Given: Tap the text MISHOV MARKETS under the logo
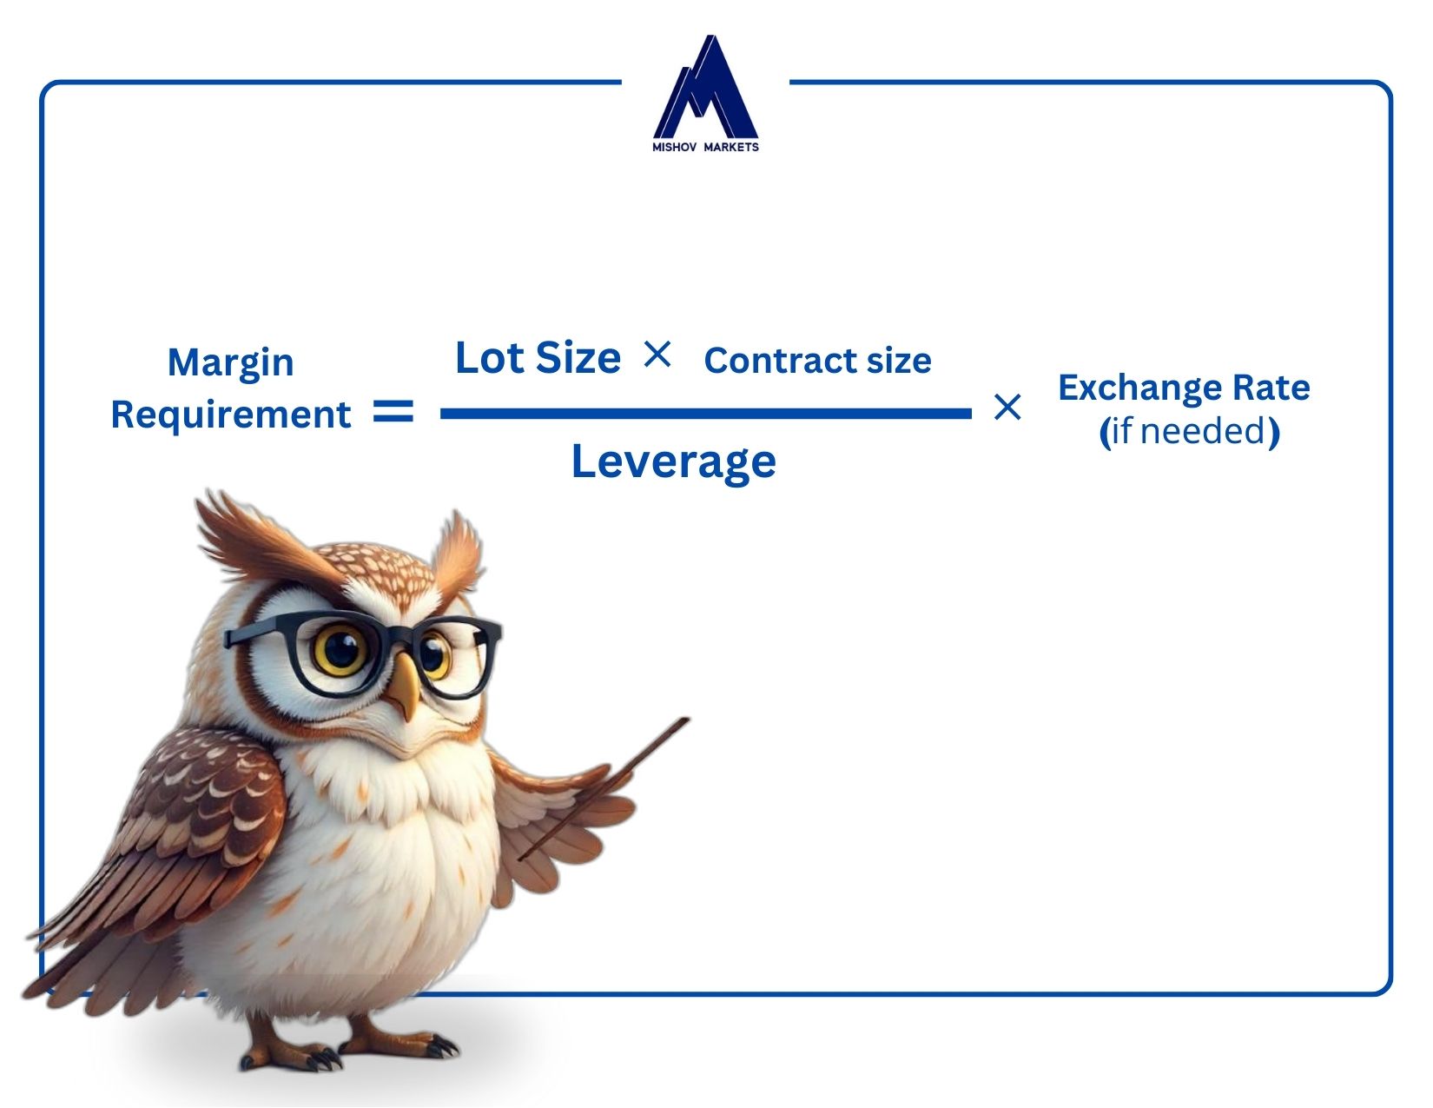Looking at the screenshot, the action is (705, 147).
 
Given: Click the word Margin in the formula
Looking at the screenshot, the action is (230, 363).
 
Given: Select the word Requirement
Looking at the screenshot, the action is (231, 415).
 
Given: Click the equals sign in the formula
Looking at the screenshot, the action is (393, 412).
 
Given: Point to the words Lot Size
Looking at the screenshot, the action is (538, 358).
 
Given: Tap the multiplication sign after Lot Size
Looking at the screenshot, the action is (657, 355).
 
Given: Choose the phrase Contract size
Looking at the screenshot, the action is (818, 361).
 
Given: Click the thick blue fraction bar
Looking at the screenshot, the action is (705, 414).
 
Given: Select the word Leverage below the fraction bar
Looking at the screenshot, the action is (673, 462).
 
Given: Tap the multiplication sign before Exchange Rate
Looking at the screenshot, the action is (1007, 407).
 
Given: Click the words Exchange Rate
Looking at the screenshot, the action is (1184, 388).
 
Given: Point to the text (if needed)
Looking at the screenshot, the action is (1190, 432).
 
